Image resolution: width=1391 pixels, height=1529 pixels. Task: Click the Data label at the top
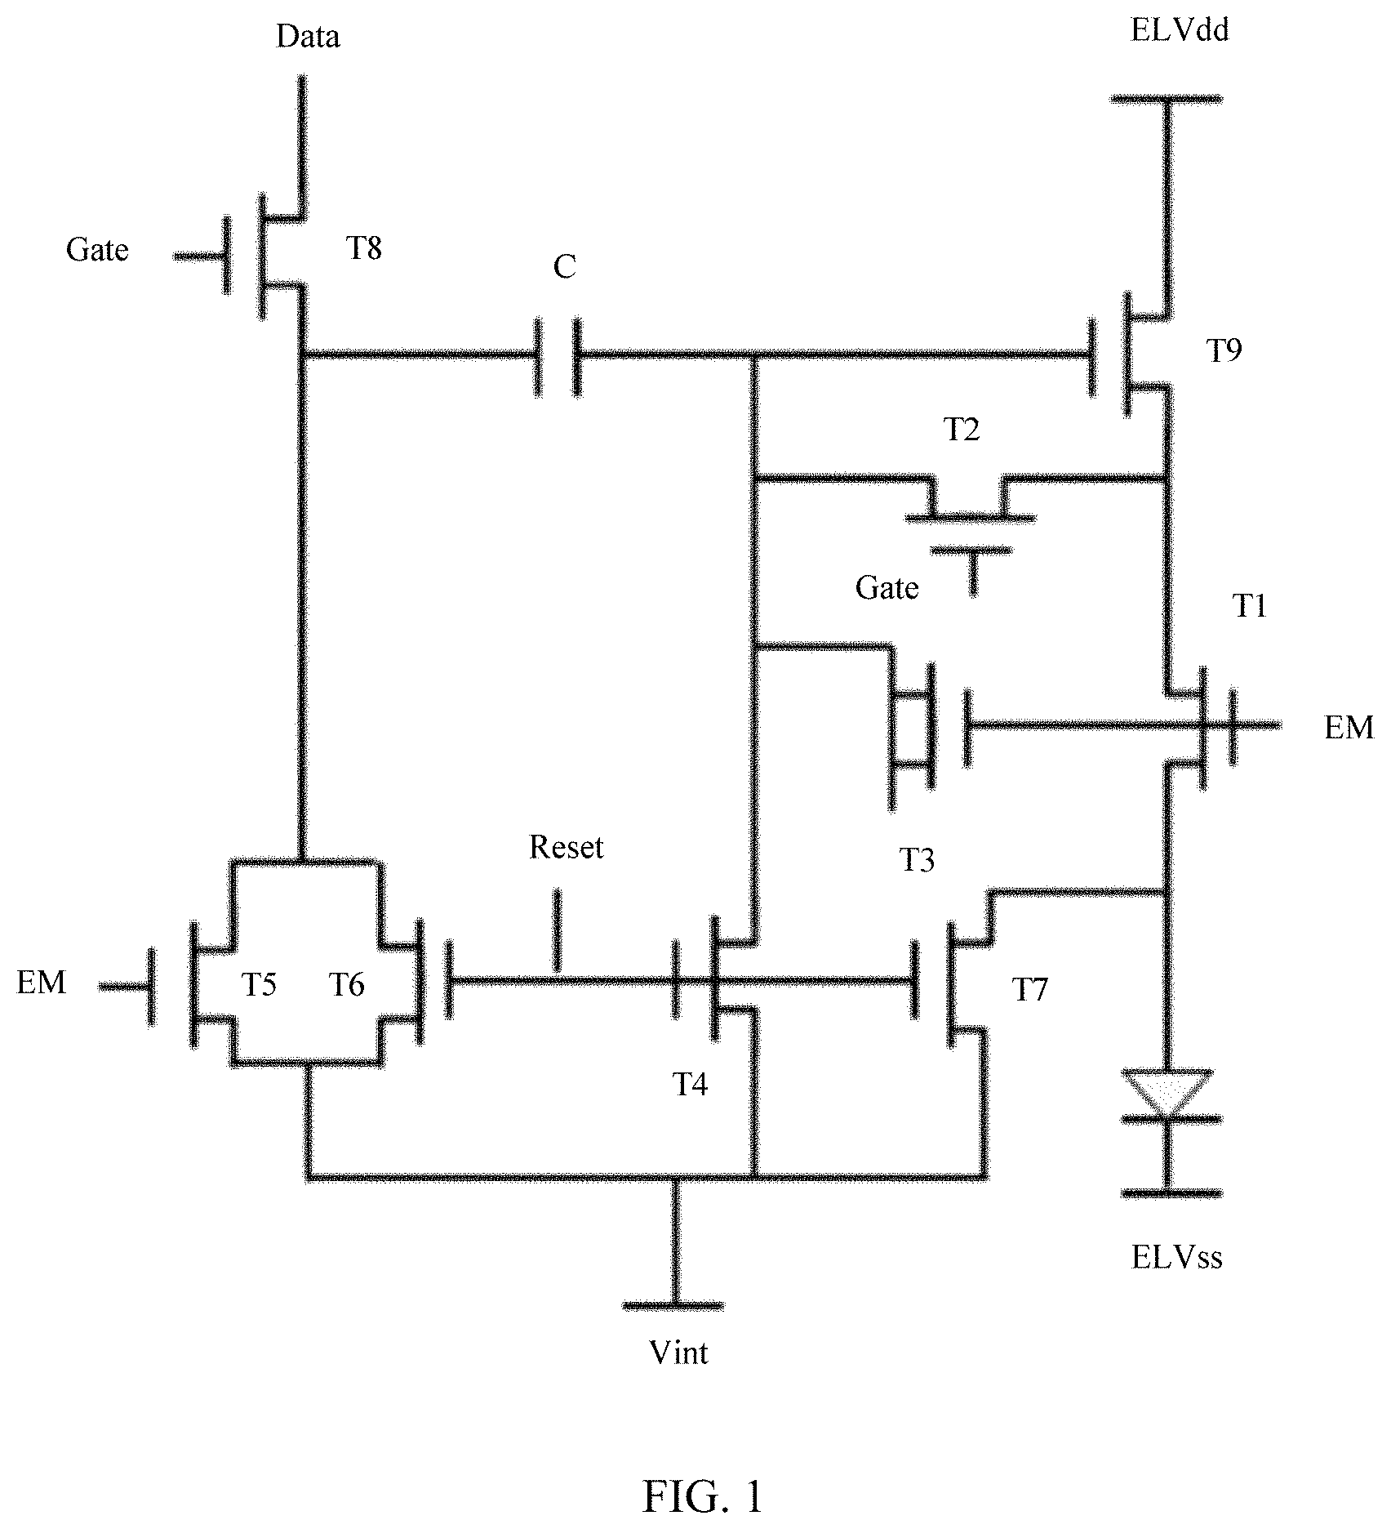click(x=308, y=37)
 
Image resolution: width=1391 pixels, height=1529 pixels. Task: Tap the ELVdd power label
click(x=1180, y=31)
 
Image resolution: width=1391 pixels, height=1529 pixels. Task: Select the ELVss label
click(x=1177, y=1257)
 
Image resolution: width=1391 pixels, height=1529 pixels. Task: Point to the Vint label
click(x=679, y=1353)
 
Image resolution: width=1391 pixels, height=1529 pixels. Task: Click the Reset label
click(x=566, y=847)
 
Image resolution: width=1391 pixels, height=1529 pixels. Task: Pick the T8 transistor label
click(x=364, y=247)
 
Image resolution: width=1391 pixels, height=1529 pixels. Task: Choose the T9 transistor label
click(x=1224, y=350)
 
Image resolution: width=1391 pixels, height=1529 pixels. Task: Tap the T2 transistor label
click(x=962, y=429)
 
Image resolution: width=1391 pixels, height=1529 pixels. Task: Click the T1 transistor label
click(x=1250, y=606)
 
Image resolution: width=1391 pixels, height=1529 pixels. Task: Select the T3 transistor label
click(x=917, y=859)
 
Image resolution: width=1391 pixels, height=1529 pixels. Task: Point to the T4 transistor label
click(x=690, y=1084)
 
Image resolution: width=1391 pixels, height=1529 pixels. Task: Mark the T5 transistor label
click(x=259, y=985)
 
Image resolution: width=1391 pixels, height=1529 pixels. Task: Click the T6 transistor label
click(x=346, y=985)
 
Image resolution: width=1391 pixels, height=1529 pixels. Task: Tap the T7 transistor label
click(x=1029, y=989)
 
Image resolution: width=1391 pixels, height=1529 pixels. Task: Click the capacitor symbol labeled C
click(x=558, y=356)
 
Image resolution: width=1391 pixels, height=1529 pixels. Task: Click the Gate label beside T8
click(x=97, y=250)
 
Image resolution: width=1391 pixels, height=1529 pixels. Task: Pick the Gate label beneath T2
click(x=887, y=588)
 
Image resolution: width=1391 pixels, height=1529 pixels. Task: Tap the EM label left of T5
click(x=42, y=982)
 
